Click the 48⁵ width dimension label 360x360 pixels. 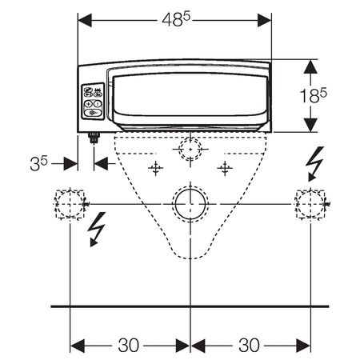click(x=176, y=19)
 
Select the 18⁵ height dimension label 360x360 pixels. click(x=314, y=95)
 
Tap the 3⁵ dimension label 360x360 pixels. click(x=38, y=163)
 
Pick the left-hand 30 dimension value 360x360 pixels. click(x=129, y=345)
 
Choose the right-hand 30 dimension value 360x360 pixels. click(x=249, y=345)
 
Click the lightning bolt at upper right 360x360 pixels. click(x=315, y=163)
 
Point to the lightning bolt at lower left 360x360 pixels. click(x=97, y=229)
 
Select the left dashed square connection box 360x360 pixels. click(x=70, y=204)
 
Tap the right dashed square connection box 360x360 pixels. click(x=310, y=204)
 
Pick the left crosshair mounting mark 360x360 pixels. click(x=156, y=168)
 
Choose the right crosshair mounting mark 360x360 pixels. click(x=225, y=168)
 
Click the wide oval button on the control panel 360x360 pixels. click(x=93, y=113)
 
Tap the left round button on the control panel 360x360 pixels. click(x=89, y=103)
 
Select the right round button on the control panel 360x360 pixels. click(x=98, y=103)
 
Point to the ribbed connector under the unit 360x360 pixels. click(x=94, y=138)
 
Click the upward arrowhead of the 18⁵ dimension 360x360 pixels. click(x=310, y=66)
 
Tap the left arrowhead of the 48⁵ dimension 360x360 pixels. click(x=85, y=20)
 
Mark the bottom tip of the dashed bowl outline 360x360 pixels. click(x=190, y=258)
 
